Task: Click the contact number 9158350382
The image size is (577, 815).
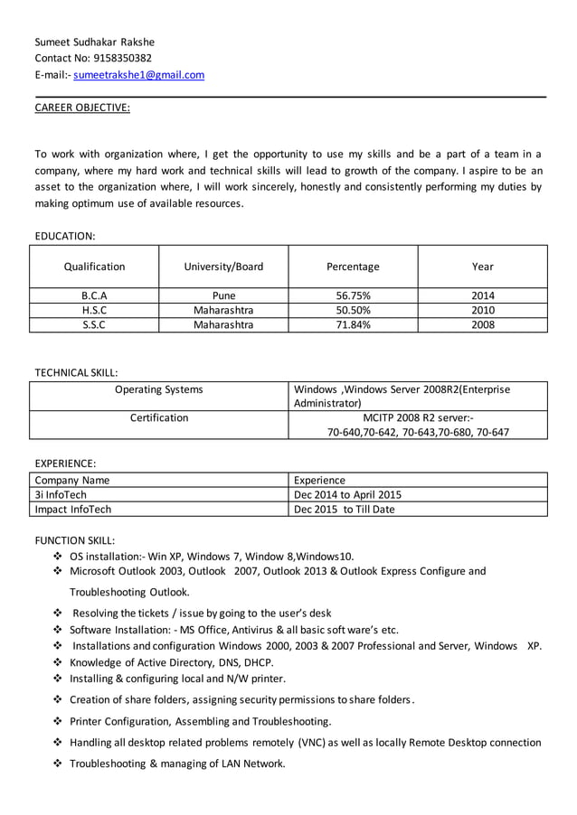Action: point(123,59)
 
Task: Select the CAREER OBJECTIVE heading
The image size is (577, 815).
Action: point(82,108)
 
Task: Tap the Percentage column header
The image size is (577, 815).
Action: point(353,267)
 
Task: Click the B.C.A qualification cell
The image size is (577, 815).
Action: point(95,295)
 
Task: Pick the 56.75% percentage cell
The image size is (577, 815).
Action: point(353,295)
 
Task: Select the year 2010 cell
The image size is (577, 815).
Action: point(483,310)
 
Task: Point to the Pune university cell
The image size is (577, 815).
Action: point(223,295)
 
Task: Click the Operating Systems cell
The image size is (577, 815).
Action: point(159,389)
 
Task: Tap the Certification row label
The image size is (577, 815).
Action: point(159,418)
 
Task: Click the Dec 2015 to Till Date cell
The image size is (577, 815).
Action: point(345,509)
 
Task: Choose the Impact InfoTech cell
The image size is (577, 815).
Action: point(73,509)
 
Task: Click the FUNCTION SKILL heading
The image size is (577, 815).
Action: point(75,540)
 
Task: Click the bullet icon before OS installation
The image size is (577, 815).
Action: point(59,556)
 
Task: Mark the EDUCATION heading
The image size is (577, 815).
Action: point(65,236)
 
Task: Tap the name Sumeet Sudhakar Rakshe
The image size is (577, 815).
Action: point(95,42)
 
